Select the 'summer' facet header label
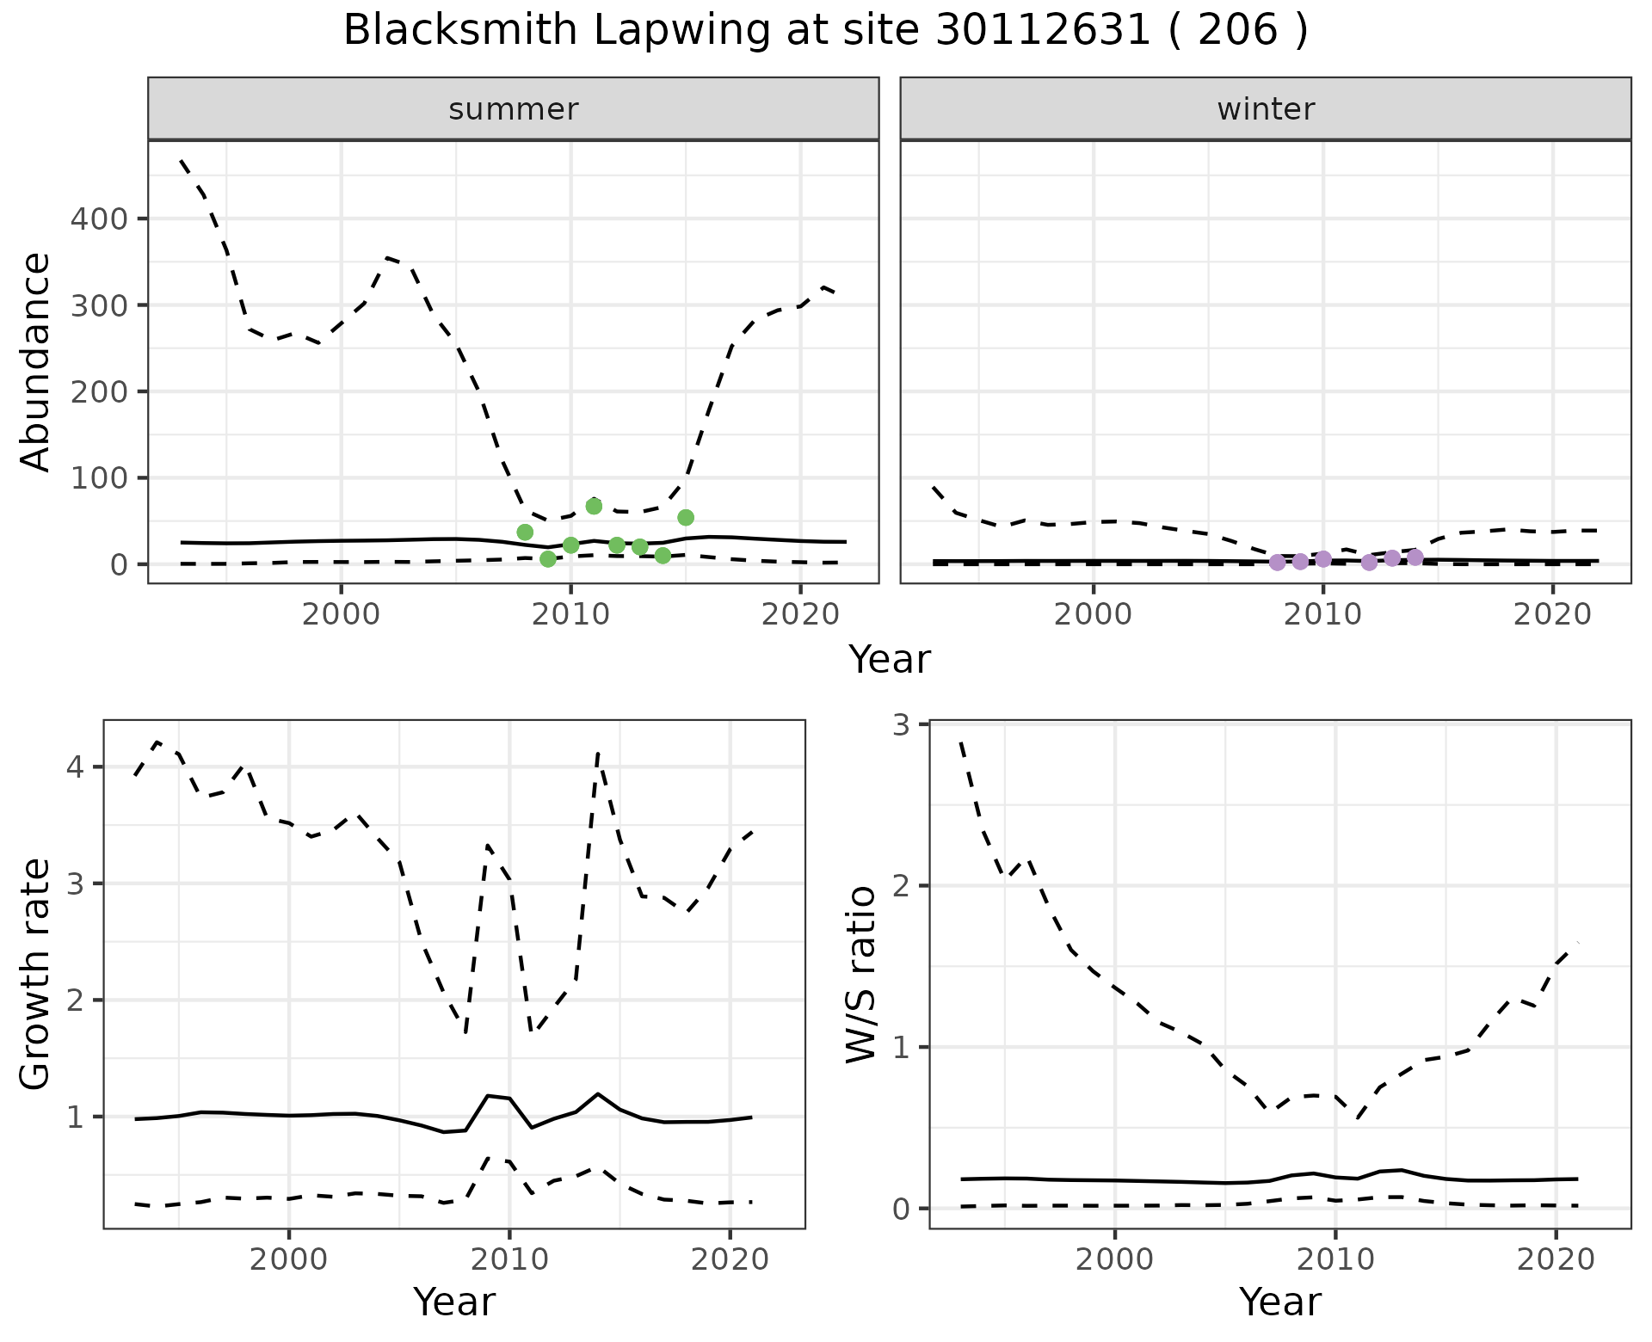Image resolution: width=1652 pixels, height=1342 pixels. tap(514, 109)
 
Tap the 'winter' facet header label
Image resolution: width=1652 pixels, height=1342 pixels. tap(1266, 109)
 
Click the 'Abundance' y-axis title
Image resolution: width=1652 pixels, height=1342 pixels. tap(35, 362)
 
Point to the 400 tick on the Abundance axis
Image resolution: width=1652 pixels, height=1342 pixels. tap(98, 219)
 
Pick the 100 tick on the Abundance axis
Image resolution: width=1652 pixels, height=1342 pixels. tap(98, 478)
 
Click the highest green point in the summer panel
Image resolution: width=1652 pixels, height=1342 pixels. tap(594, 506)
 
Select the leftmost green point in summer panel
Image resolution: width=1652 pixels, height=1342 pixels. tap(525, 532)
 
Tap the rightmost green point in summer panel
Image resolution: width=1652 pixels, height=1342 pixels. tap(686, 517)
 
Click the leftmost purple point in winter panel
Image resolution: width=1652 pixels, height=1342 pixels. tap(1278, 563)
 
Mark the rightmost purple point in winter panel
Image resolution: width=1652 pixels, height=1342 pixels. tap(1415, 557)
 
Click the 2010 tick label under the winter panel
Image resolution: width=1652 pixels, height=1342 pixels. tap(1323, 616)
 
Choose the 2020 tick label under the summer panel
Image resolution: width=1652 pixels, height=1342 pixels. tap(800, 616)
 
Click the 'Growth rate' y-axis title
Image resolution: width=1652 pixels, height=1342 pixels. tap(35, 975)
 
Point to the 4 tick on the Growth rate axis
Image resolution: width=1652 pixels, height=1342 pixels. tap(76, 767)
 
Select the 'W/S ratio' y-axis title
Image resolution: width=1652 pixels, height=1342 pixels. tap(861, 975)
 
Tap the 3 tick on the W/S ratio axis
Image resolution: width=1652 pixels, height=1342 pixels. tap(902, 725)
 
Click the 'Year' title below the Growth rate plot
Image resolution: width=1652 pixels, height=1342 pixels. tap(454, 1302)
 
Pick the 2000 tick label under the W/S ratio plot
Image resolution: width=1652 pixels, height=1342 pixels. tap(1115, 1260)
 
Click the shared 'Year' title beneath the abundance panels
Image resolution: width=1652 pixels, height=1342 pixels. tap(890, 660)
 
